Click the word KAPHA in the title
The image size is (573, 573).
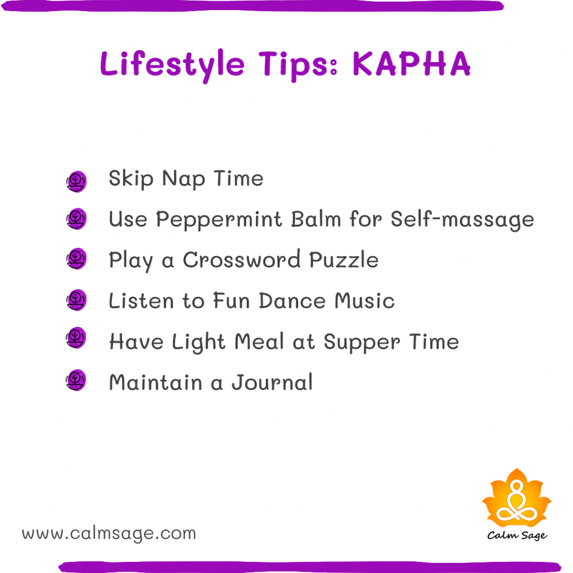point(411,64)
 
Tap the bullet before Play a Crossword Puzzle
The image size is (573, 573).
point(76,259)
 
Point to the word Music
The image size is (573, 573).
point(365,301)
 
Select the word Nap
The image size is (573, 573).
point(181,180)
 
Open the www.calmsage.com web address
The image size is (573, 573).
point(109,533)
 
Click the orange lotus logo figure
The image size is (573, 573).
point(516,497)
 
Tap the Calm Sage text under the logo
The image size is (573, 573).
point(516,536)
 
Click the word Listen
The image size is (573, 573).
point(142,301)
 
